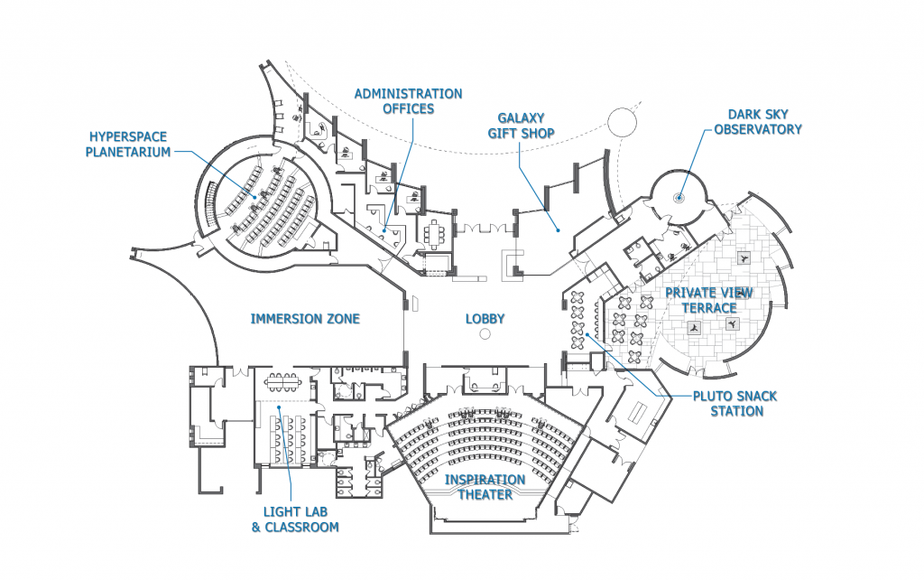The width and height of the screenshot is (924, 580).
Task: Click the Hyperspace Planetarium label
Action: point(128,145)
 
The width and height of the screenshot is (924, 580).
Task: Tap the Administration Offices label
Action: point(408,101)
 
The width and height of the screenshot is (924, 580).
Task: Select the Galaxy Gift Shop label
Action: point(527,126)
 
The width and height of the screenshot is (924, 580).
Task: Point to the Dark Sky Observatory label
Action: point(757,122)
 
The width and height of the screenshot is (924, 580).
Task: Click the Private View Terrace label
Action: point(708,300)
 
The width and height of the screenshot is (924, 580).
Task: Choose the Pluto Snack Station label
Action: point(729,404)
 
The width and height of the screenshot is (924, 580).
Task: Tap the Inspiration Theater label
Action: point(485,487)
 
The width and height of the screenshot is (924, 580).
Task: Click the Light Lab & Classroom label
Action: point(295,519)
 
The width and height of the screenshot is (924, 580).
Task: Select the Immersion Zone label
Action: point(305,319)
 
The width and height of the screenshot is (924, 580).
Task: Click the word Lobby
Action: point(485,319)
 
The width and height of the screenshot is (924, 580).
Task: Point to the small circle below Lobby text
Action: point(485,335)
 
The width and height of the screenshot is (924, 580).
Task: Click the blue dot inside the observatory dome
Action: point(679,198)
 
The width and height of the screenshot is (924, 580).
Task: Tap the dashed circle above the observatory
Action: point(622,121)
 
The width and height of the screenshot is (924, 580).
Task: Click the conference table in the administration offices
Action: point(438,232)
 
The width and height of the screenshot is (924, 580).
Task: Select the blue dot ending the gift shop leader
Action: point(559,231)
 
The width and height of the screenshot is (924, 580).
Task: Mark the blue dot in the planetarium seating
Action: point(254,197)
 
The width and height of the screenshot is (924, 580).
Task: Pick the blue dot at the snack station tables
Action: point(587,334)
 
